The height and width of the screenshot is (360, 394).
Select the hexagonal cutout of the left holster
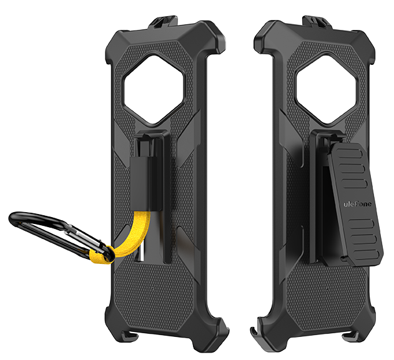click(x=155, y=90)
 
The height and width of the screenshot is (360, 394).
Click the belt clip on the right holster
click(x=355, y=205)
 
